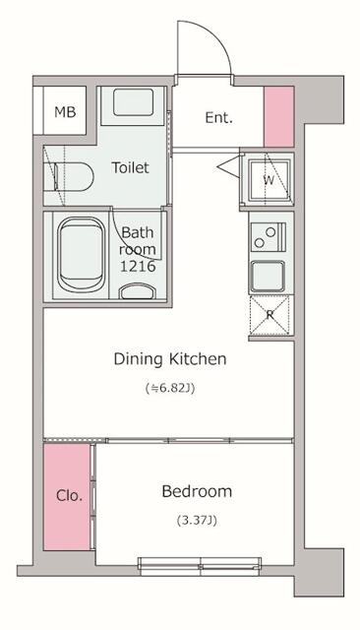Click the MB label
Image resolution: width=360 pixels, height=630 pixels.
[65, 112]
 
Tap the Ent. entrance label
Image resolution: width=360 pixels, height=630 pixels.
[218, 118]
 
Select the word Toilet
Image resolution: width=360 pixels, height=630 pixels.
[130, 167]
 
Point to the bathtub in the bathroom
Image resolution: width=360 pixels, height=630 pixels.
[81, 255]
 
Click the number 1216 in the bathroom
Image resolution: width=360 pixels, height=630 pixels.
[138, 267]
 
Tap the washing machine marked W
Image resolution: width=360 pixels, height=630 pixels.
[269, 179]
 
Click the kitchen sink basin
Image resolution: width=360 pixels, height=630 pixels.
[268, 277]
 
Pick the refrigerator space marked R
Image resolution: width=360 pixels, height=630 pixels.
[270, 315]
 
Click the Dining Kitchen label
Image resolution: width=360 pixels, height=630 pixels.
[170, 358]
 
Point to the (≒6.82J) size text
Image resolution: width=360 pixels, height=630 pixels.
[170, 389]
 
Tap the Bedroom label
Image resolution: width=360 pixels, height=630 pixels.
[197, 491]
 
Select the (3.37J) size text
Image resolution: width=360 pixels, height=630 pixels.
[197, 521]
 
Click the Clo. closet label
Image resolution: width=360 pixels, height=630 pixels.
[70, 495]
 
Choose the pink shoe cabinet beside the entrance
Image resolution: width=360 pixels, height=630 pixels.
[279, 117]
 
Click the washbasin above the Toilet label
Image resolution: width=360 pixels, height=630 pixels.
[133, 102]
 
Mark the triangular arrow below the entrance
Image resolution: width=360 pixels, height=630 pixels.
[229, 165]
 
